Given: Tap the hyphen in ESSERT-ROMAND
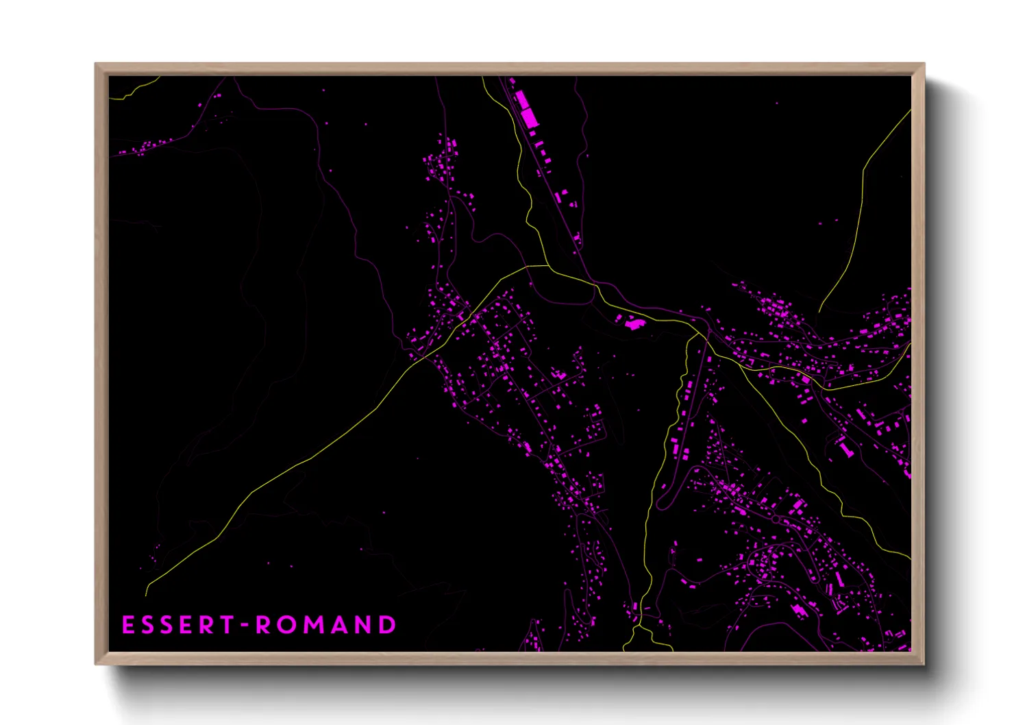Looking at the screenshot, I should (245, 625).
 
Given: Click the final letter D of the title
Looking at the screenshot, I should (388, 625).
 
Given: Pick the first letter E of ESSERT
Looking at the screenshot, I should (128, 625).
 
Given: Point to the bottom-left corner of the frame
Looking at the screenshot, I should (96, 663).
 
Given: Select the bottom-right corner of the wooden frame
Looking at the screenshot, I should (924, 663).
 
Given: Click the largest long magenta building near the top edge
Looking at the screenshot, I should (526, 110).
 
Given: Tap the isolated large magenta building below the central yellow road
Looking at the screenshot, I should (634, 323).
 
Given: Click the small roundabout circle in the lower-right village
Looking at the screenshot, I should (775, 520).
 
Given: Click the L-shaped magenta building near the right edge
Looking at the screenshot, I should (845, 447).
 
